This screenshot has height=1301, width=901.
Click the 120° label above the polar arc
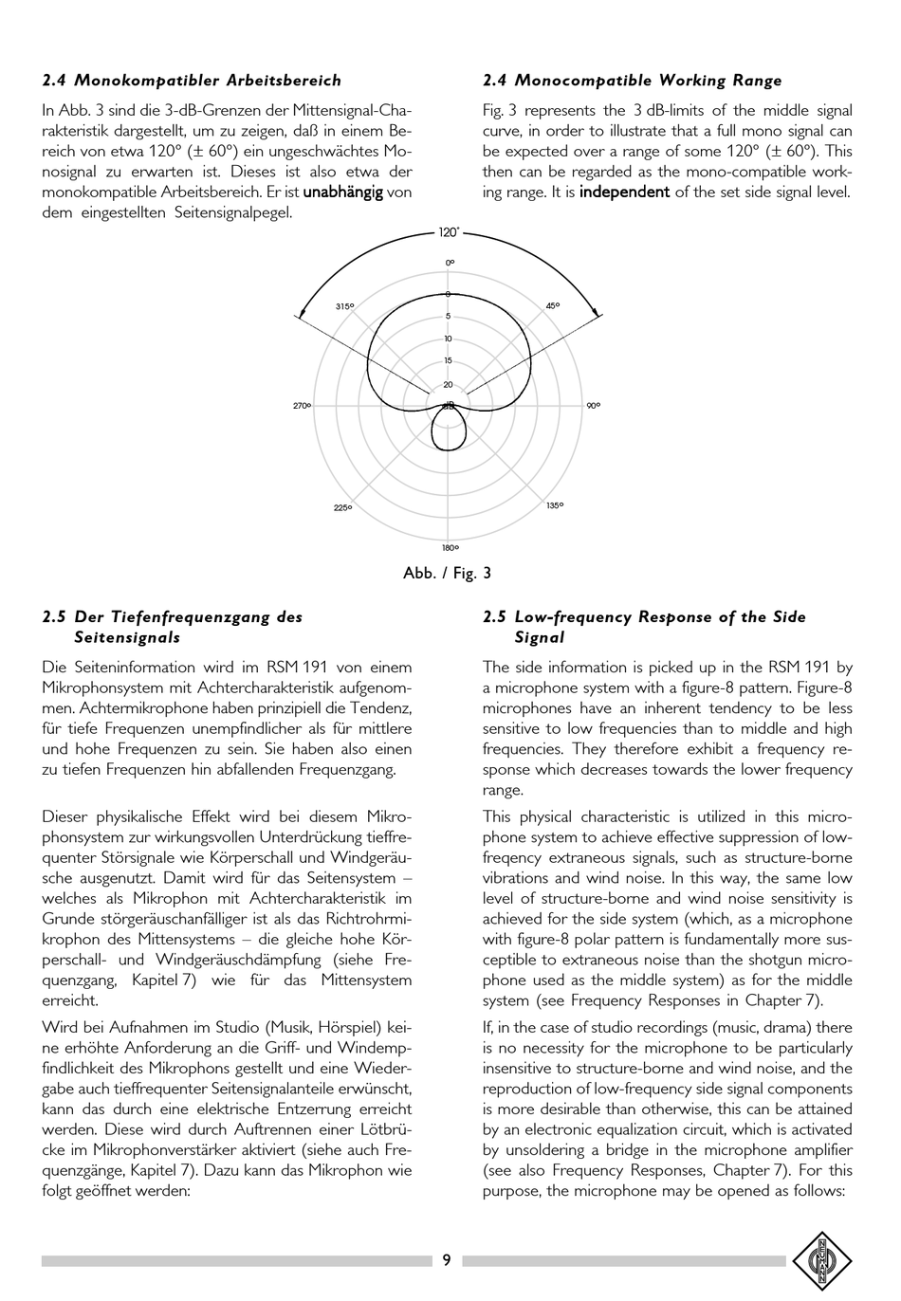point(449,233)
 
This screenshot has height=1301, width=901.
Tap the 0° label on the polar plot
point(450,262)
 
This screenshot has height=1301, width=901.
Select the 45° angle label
point(552,306)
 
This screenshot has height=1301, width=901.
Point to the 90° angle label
point(593,406)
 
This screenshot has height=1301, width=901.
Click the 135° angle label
point(555,505)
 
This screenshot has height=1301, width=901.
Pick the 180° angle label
point(450,548)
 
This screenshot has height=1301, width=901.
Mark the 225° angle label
point(343,508)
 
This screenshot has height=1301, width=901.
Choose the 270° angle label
point(302,406)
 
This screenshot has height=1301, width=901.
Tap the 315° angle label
point(344,306)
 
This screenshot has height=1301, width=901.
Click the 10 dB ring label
point(449,339)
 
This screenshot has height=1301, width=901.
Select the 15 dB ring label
point(449,361)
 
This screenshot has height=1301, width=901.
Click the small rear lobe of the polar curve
point(449,431)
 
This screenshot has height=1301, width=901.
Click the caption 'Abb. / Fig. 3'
point(447,574)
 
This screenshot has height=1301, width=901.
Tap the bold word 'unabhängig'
point(342,192)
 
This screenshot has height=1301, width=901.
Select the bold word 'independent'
point(624,192)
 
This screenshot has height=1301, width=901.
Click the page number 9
point(447,1260)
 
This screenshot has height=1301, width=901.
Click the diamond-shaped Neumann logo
point(822,1261)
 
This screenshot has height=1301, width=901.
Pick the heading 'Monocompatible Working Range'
point(648,81)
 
